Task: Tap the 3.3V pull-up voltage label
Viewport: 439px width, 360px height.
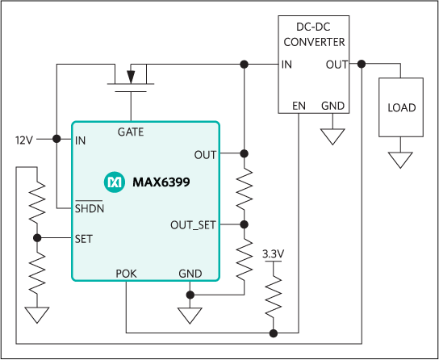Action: point(274,255)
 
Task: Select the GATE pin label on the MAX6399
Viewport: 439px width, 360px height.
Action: point(131,132)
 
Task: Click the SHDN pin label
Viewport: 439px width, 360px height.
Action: point(90,208)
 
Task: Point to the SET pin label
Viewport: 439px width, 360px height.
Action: point(83,239)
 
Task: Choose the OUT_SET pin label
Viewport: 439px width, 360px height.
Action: point(193,225)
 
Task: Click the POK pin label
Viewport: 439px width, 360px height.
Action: point(127,274)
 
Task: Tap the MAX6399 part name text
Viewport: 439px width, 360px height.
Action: point(161,183)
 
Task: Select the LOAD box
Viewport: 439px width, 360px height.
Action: point(400,107)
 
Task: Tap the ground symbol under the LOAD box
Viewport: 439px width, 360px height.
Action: point(400,160)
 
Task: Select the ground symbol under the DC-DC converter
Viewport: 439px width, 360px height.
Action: point(332,136)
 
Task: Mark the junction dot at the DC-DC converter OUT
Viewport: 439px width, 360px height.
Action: point(363,64)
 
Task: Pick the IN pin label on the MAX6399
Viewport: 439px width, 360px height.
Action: point(81,140)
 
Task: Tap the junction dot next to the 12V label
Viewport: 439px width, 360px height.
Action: point(56,139)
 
